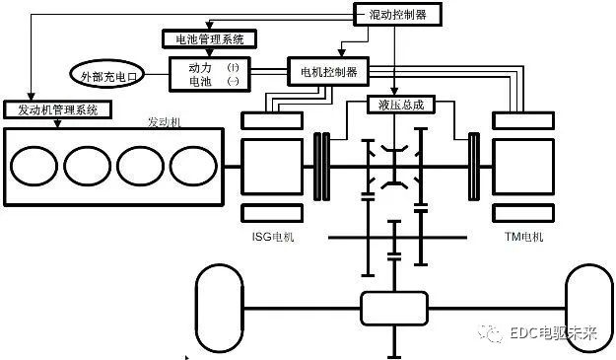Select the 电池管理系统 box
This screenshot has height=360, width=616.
[209, 39]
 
